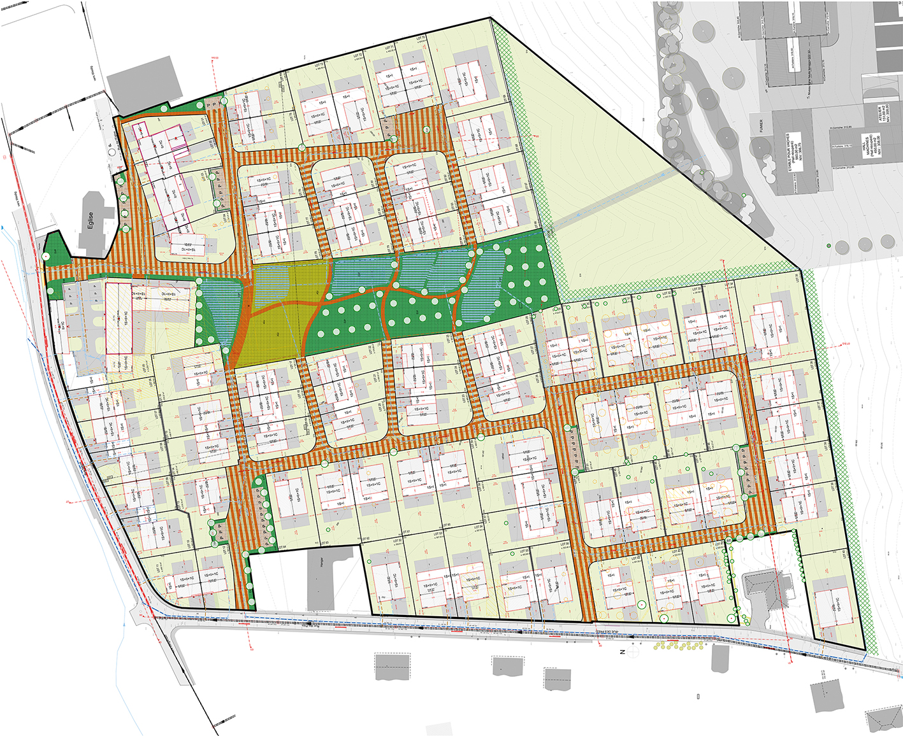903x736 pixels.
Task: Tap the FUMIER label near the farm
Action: [x=761, y=126]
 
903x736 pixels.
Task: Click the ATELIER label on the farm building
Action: [x=880, y=115]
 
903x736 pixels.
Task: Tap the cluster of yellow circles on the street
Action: [x=679, y=646]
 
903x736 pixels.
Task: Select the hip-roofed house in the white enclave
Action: [x=765, y=589]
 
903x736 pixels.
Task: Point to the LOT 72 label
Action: [x=358, y=55]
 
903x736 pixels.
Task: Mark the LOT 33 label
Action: [x=695, y=289]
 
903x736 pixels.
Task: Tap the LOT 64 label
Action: [x=282, y=547]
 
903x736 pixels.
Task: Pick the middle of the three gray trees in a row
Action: [x=865, y=244]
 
